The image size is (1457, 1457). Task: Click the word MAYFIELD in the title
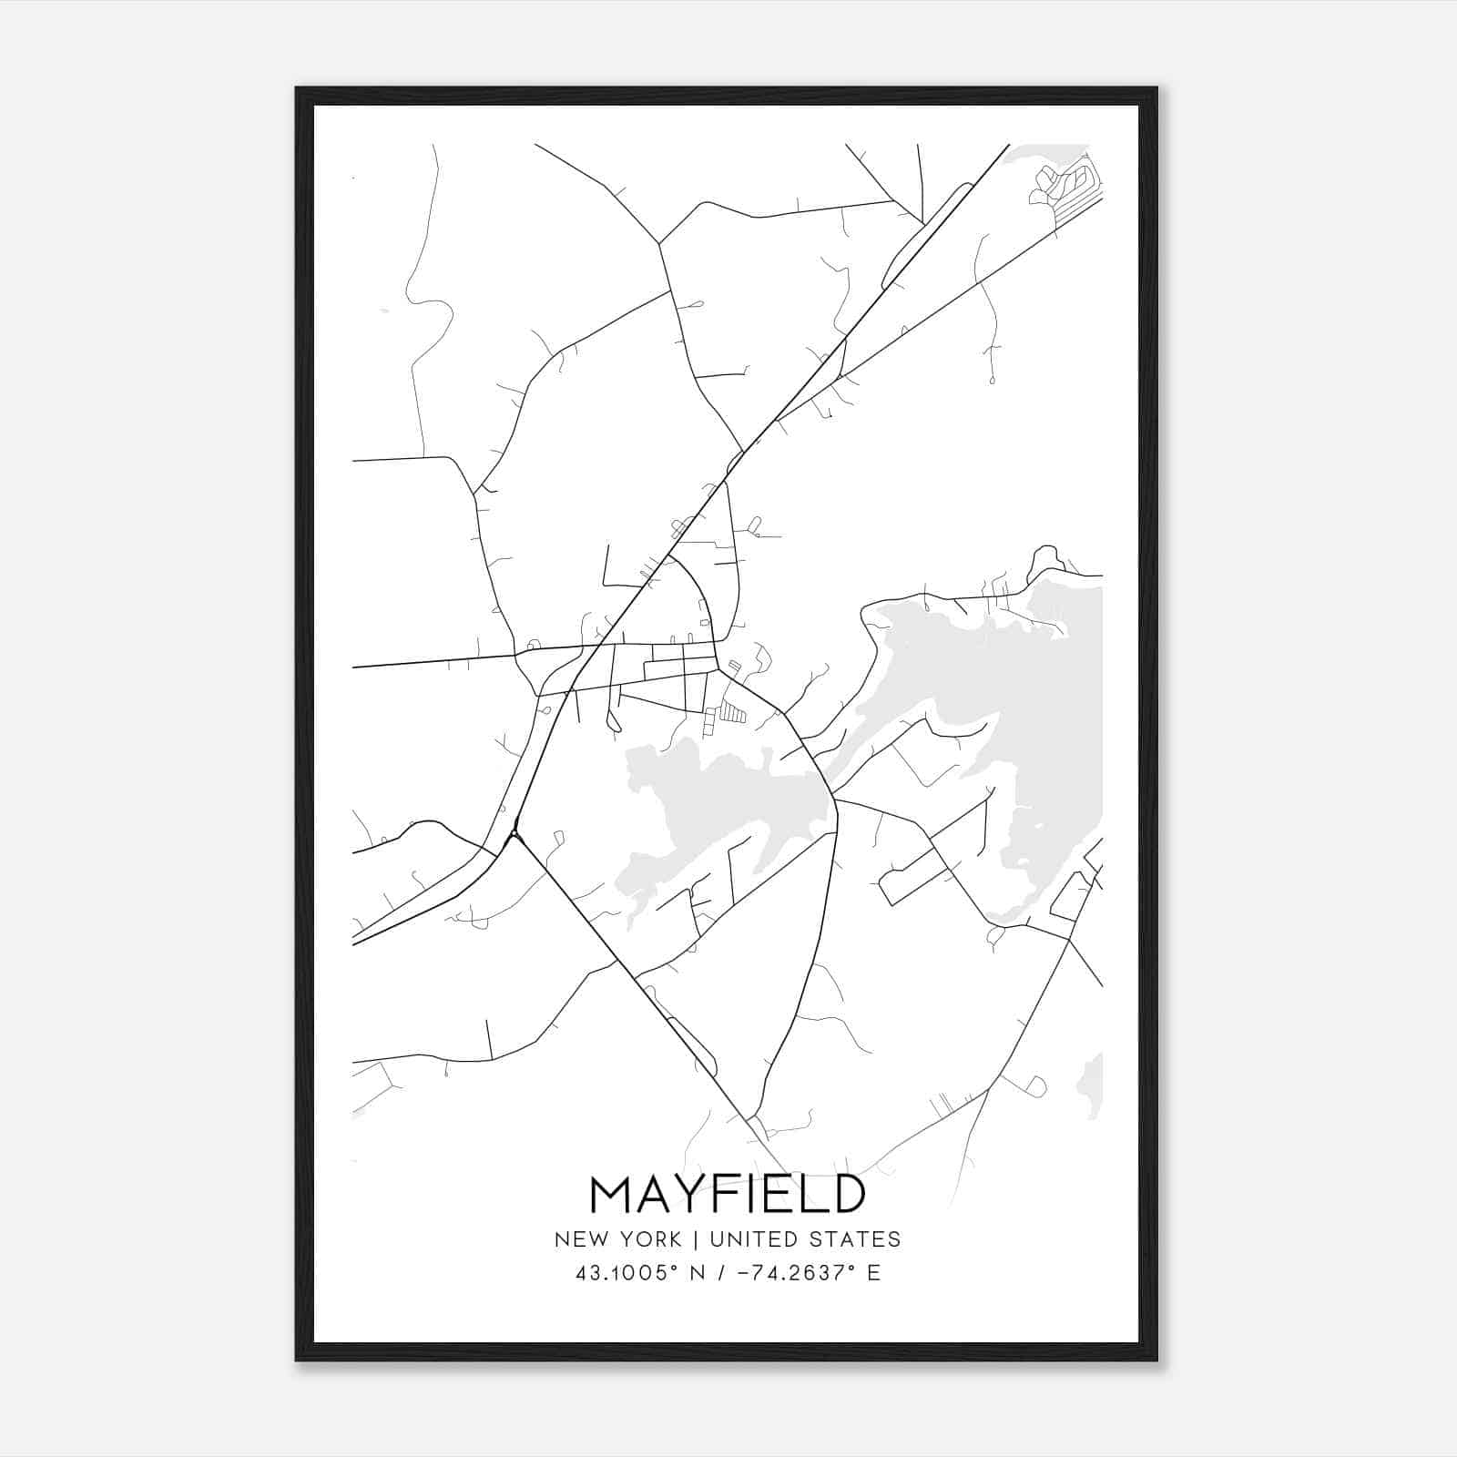[x=727, y=1194]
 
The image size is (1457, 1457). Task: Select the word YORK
[x=650, y=1239]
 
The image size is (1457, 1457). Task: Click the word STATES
[x=856, y=1239]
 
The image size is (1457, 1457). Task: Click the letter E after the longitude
[x=873, y=1273]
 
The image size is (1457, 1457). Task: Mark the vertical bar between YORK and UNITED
[x=696, y=1239]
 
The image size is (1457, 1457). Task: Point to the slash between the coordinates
[x=719, y=1273]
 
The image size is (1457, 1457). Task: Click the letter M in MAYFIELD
[x=613, y=1194]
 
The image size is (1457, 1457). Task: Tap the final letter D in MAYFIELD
[x=846, y=1194]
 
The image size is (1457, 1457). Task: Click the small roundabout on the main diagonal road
[x=515, y=833]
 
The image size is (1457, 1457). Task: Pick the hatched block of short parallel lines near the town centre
[x=734, y=715]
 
